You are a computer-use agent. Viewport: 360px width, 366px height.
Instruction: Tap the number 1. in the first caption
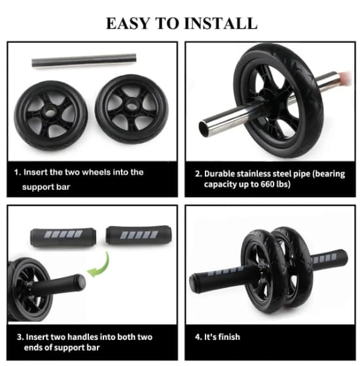(18, 172)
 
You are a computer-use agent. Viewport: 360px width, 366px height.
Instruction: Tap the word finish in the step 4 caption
(229, 337)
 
